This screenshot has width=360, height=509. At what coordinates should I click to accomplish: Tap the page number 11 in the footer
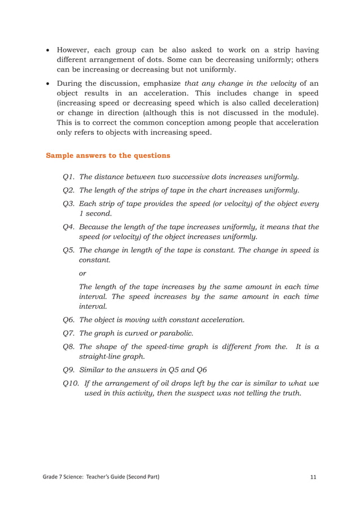(x=314, y=477)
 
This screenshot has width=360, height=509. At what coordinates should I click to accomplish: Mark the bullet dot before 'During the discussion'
(x=48, y=82)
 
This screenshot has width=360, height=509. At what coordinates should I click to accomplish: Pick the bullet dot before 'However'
(x=48, y=50)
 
